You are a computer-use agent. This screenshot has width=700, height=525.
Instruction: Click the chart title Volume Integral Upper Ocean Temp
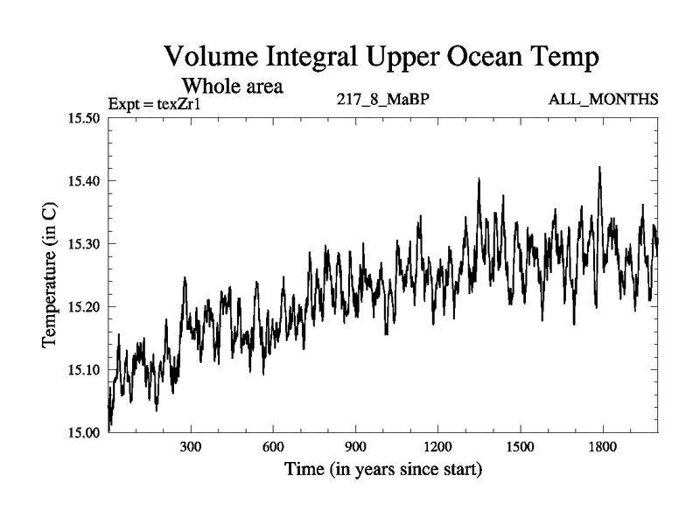click(x=381, y=58)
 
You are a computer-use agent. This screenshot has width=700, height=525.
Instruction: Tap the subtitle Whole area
click(x=232, y=87)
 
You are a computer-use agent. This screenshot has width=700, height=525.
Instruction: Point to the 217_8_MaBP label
click(x=382, y=99)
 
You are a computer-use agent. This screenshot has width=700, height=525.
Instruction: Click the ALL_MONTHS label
click(x=603, y=99)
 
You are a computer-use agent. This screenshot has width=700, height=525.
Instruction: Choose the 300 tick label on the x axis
click(x=191, y=446)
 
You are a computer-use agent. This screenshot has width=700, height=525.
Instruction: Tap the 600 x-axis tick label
click(x=273, y=446)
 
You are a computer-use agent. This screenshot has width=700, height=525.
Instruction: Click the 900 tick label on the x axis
click(x=355, y=446)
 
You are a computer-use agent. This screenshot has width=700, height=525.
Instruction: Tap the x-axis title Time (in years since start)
click(x=382, y=470)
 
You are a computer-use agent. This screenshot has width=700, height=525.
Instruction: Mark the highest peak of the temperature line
click(x=599, y=167)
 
